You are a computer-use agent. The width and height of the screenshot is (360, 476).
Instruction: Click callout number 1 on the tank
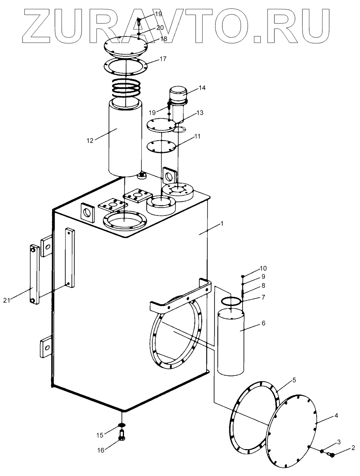(x=222, y=223)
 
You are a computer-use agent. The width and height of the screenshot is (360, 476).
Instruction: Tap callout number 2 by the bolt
(x=353, y=447)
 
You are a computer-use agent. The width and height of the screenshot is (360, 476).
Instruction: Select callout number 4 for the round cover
(x=336, y=415)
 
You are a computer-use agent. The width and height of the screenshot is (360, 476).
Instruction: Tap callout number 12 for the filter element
(x=90, y=140)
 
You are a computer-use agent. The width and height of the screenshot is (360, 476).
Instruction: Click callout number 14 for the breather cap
(x=202, y=88)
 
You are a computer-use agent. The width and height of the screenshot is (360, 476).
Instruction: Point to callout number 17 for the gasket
(x=162, y=59)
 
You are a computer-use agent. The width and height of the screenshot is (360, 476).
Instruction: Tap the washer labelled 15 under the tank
(x=122, y=425)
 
